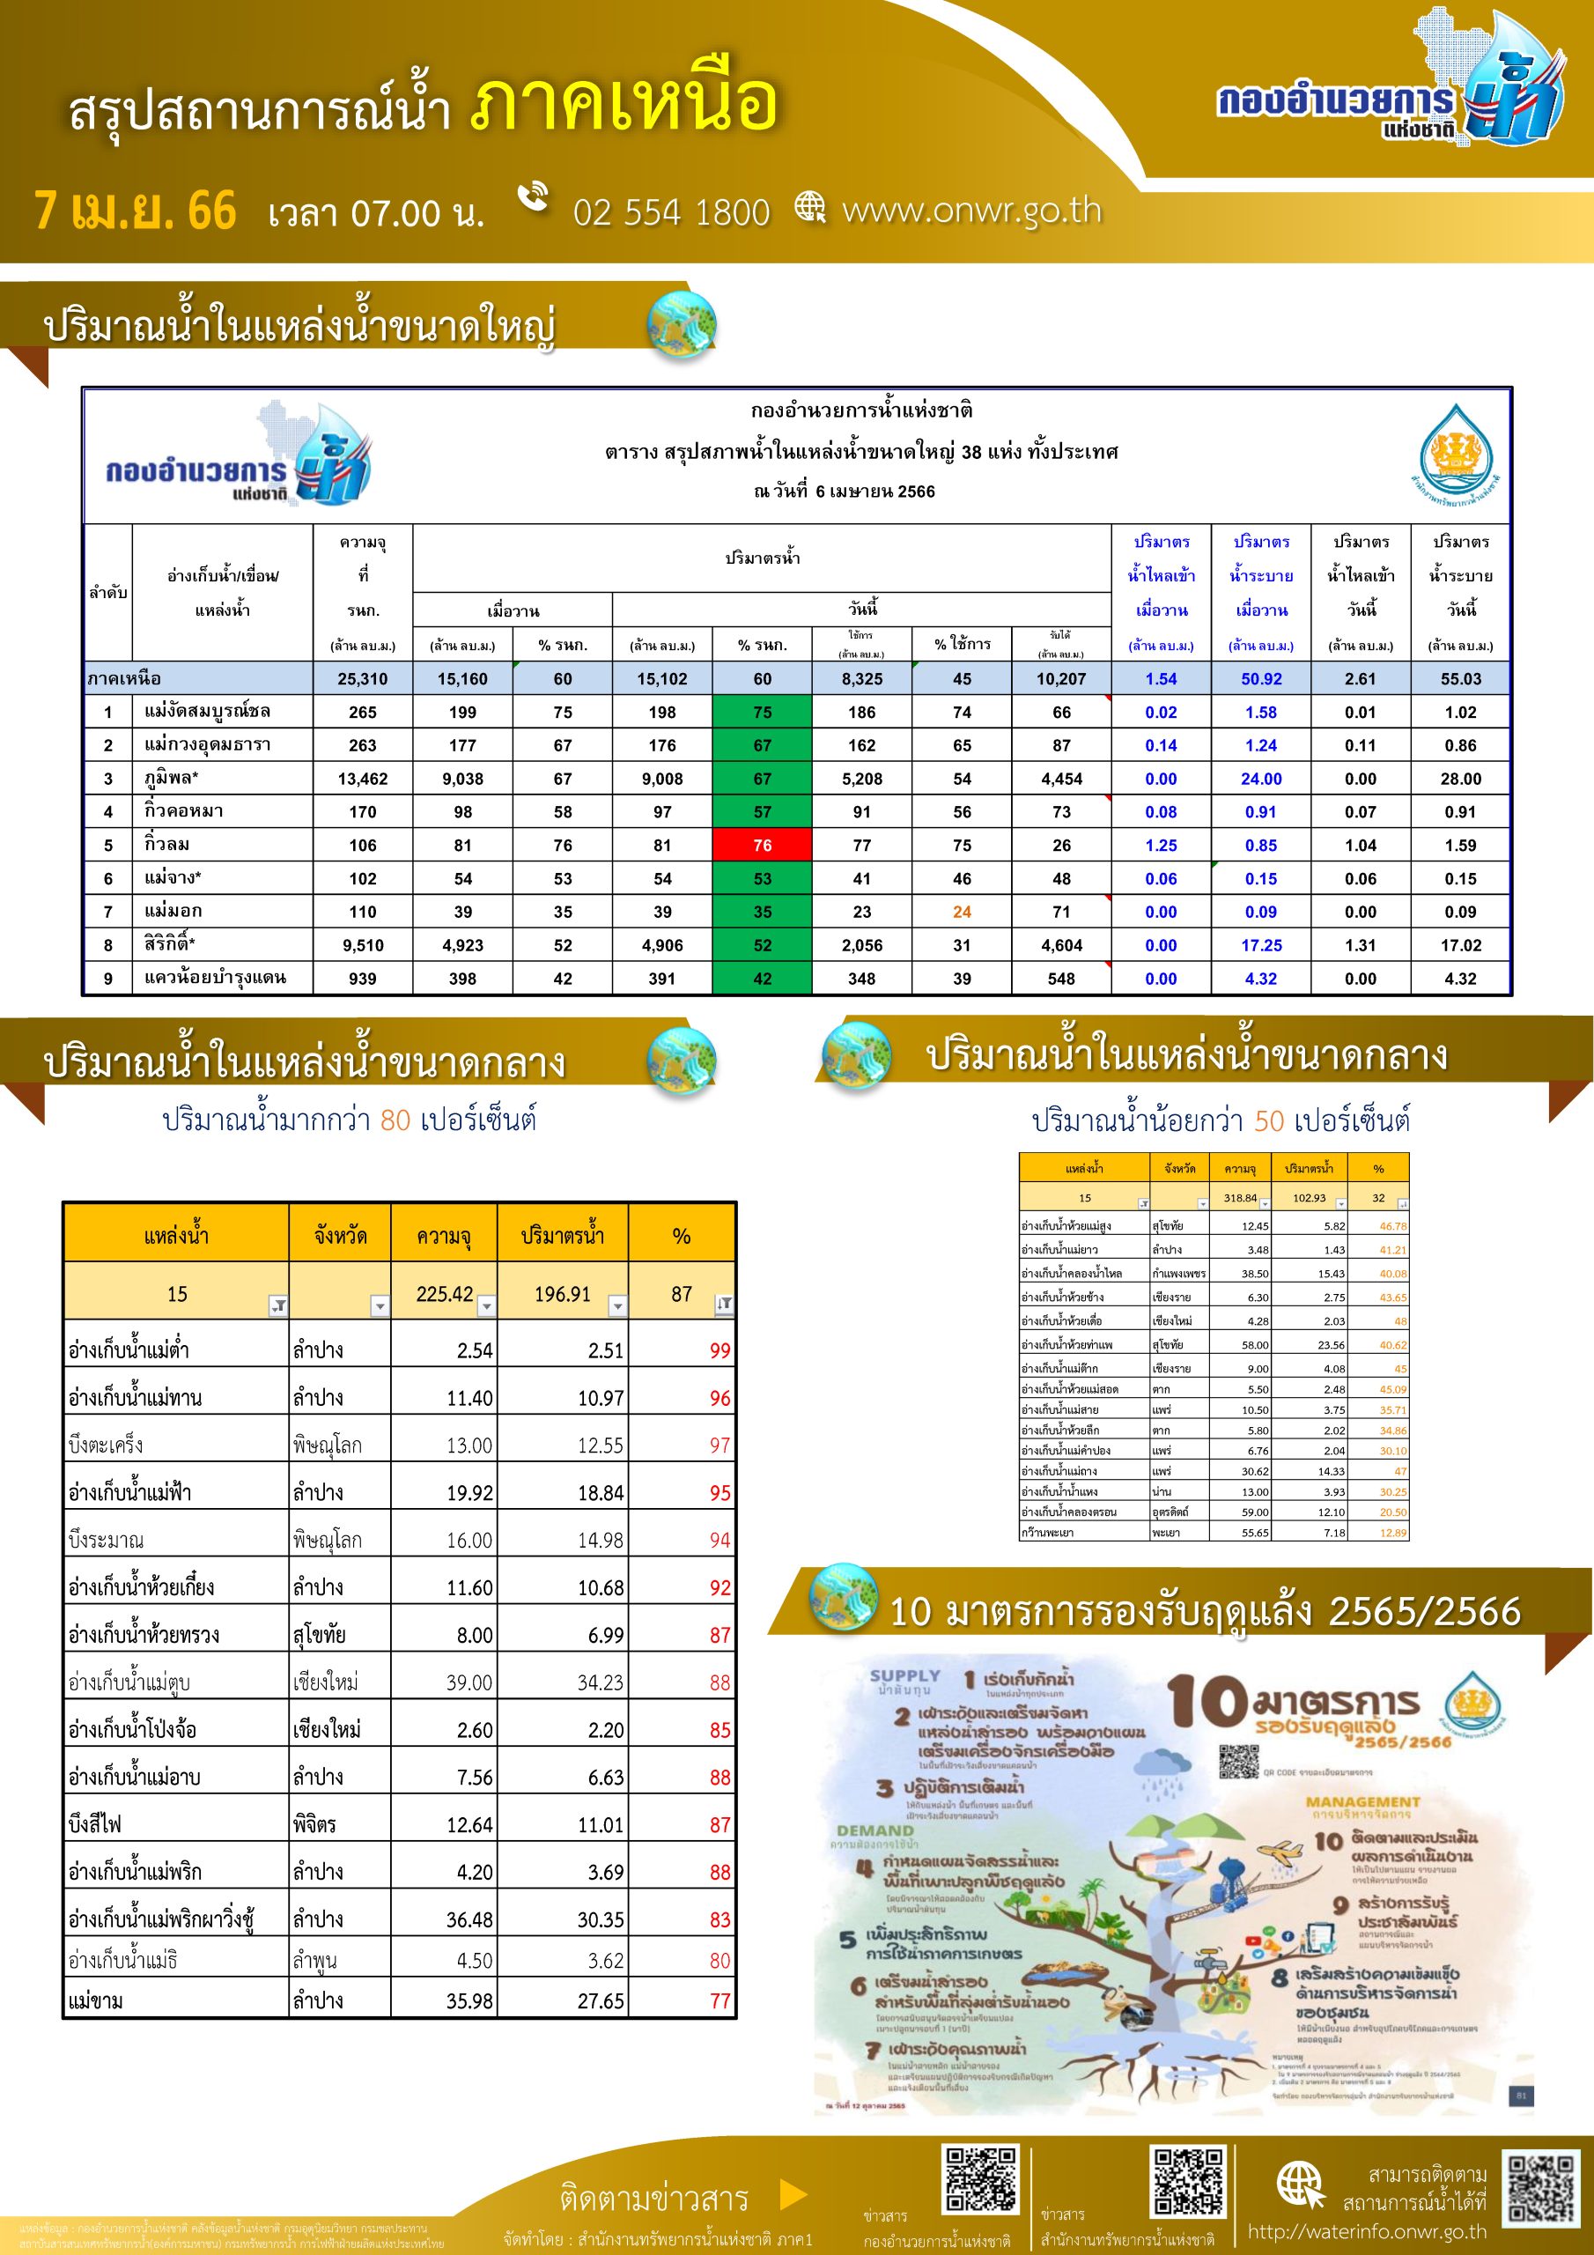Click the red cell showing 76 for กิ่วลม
(762, 845)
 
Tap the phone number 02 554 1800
(671, 212)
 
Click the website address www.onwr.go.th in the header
(971, 211)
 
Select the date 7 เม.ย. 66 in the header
(136, 211)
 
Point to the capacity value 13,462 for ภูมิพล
(363, 779)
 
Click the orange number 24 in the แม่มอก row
(962, 912)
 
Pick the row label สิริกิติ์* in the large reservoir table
(170, 945)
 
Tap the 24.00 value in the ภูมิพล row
(1260, 779)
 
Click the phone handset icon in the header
(534, 196)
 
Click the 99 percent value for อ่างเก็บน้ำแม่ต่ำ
(719, 1350)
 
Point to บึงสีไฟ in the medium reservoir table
(95, 1824)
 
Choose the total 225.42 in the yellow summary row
(444, 1293)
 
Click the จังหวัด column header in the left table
(340, 1235)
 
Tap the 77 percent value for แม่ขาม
(719, 2000)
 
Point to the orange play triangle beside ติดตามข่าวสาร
(793, 2193)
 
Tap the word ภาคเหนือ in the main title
(624, 103)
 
